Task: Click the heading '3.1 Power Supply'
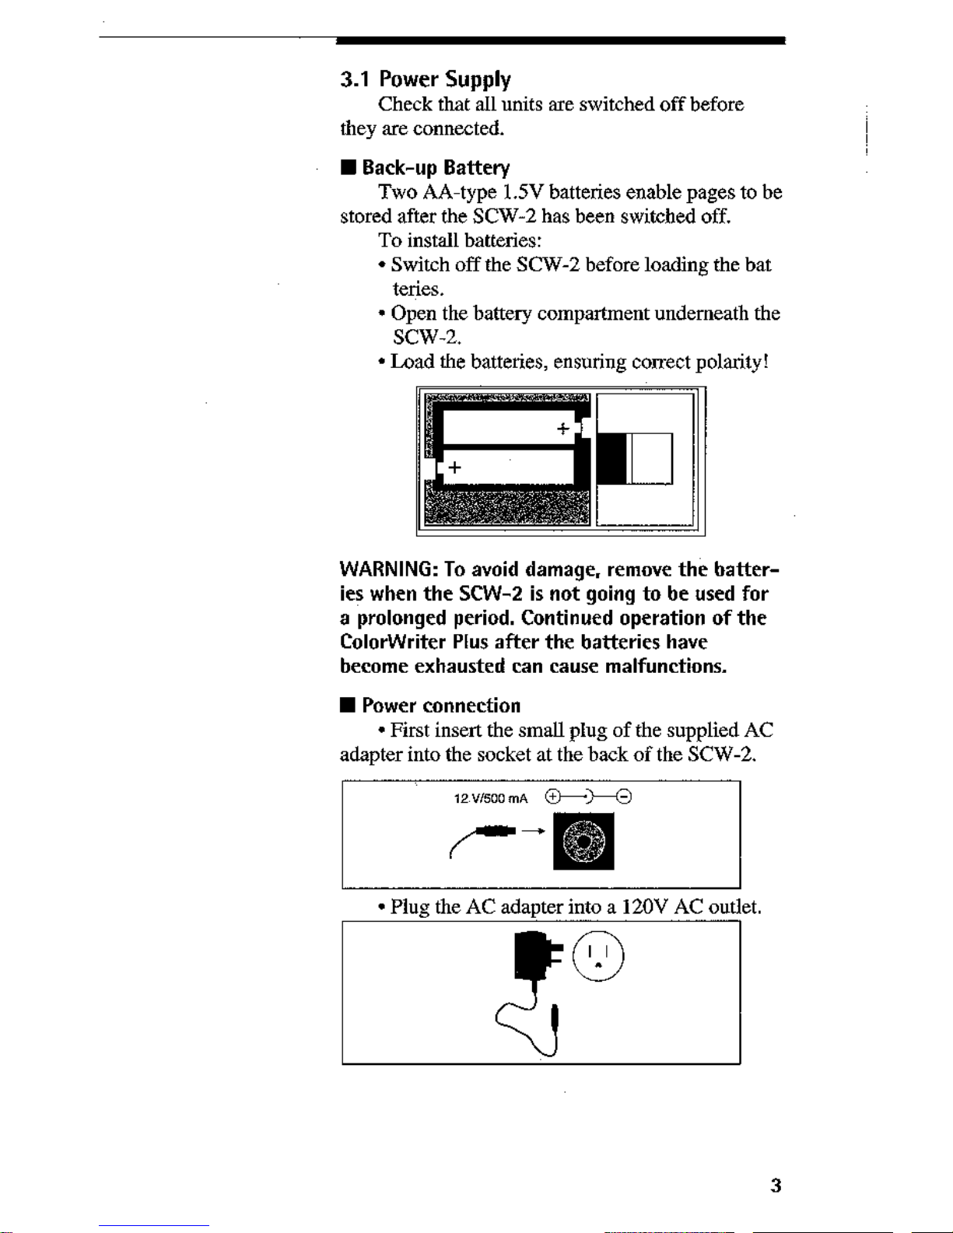click(x=425, y=79)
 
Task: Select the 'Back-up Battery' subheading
click(x=435, y=168)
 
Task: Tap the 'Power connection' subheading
click(x=440, y=706)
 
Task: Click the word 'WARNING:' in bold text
click(x=388, y=569)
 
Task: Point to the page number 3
click(x=775, y=1186)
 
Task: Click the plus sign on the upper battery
click(x=562, y=429)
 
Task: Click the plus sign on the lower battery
click(x=454, y=468)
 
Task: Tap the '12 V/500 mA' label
click(x=490, y=799)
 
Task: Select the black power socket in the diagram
click(x=583, y=842)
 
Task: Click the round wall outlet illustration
click(x=598, y=955)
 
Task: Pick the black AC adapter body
click(x=529, y=957)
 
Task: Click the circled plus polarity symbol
click(x=552, y=797)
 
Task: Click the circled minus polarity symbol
click(x=624, y=797)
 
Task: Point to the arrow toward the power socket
click(x=533, y=831)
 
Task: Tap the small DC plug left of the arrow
click(x=495, y=832)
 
